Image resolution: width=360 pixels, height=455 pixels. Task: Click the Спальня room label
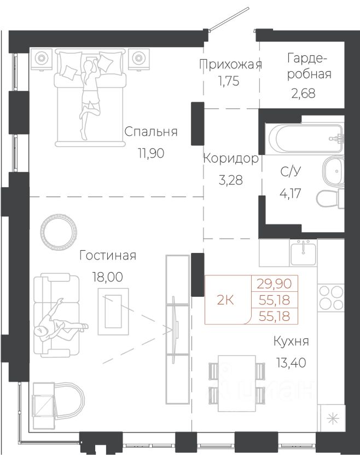click(150, 132)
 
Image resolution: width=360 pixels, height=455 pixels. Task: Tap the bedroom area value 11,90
click(151, 153)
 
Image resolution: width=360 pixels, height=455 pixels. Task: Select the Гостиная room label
click(108, 256)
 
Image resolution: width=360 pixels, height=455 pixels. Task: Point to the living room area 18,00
click(107, 277)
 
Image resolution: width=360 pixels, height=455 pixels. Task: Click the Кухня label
click(291, 342)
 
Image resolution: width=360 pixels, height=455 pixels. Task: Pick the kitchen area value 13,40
click(291, 362)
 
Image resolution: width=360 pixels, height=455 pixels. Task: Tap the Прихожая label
click(231, 65)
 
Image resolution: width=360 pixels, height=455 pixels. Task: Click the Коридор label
click(231, 159)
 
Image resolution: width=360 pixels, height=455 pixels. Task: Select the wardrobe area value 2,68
click(303, 94)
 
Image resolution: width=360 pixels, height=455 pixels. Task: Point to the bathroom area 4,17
click(291, 193)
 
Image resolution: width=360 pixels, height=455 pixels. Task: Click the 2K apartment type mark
click(225, 300)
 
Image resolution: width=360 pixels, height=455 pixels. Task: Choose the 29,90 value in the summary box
click(275, 283)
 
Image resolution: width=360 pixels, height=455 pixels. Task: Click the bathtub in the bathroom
click(305, 139)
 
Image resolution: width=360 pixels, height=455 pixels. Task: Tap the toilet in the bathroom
click(330, 199)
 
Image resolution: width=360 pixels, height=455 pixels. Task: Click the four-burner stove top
click(330, 297)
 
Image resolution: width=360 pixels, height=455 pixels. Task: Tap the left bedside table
click(42, 59)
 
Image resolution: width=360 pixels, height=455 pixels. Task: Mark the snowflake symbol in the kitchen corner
click(333, 419)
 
